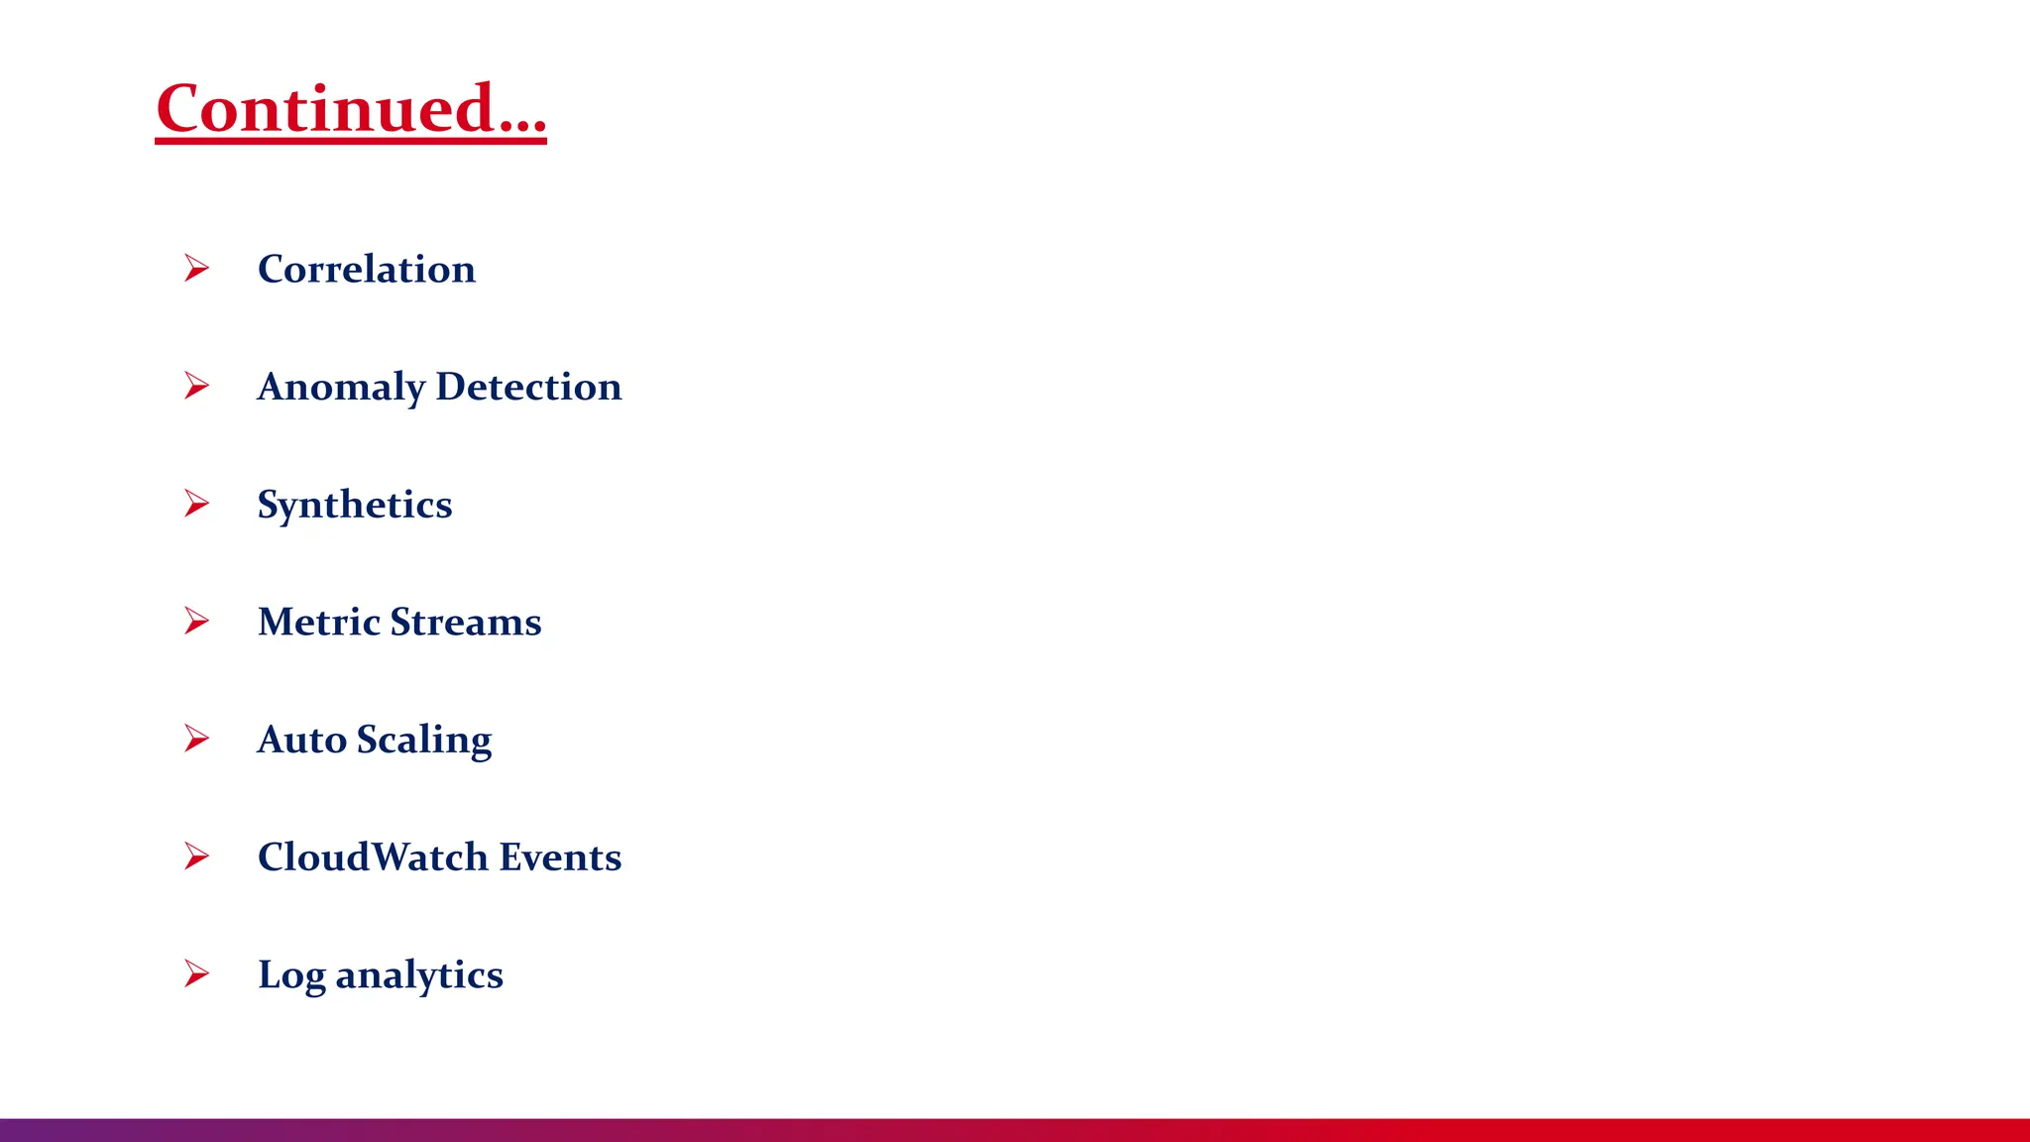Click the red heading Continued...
coord(350,108)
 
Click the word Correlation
coord(367,269)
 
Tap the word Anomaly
coord(341,387)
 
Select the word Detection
coord(528,386)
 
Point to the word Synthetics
coord(355,505)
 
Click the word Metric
coord(318,622)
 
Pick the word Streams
coord(466,622)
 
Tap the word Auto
coord(301,740)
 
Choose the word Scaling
coord(424,740)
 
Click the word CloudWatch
coord(373,856)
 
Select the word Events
coord(560,856)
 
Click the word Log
coord(291,975)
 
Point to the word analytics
coord(419,975)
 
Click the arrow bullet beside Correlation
coord(196,268)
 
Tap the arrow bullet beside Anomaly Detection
coord(196,386)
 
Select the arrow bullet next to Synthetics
coord(196,504)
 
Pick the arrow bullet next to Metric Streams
coord(196,621)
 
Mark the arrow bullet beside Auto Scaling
coord(196,739)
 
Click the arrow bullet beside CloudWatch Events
coord(196,856)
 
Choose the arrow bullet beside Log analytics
coord(196,973)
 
